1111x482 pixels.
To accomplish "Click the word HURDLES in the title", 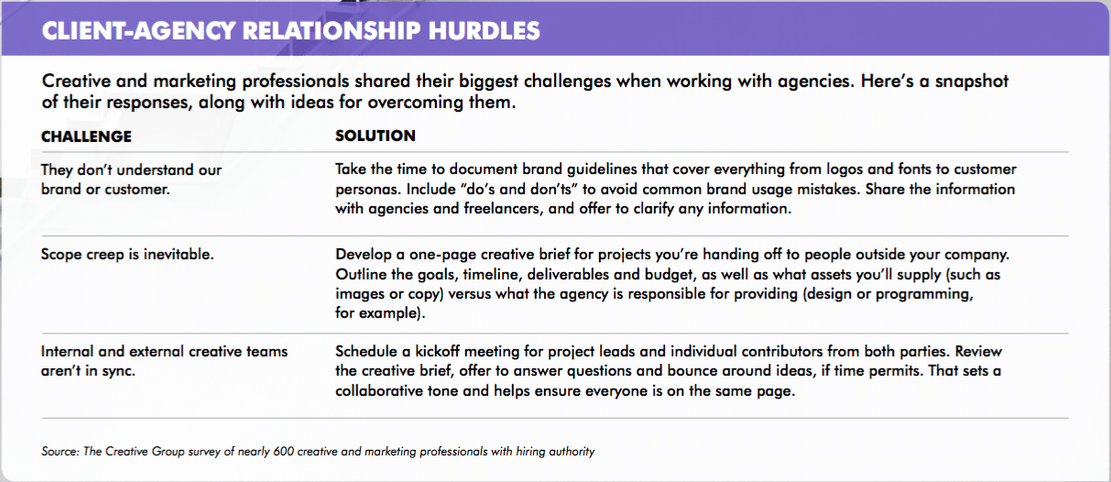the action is [484, 31].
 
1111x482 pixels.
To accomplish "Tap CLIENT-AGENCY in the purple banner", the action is [138, 31].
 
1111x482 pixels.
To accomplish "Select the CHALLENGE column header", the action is [86, 137].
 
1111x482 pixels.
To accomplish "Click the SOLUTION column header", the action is [376, 136].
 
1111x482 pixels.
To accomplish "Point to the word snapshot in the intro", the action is [972, 82].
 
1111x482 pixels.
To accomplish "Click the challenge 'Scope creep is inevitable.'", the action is [127, 255].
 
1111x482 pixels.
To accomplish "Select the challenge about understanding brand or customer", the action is [131, 180].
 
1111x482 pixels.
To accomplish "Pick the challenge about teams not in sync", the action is [164, 361].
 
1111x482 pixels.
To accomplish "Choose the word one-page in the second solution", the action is [441, 255].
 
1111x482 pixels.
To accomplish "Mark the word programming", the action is [925, 294].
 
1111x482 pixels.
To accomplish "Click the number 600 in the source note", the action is [283, 452].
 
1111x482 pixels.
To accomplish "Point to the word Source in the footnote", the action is [60, 452].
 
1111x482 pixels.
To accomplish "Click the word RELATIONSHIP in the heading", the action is [332, 31].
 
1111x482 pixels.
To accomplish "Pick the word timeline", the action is [492, 275].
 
